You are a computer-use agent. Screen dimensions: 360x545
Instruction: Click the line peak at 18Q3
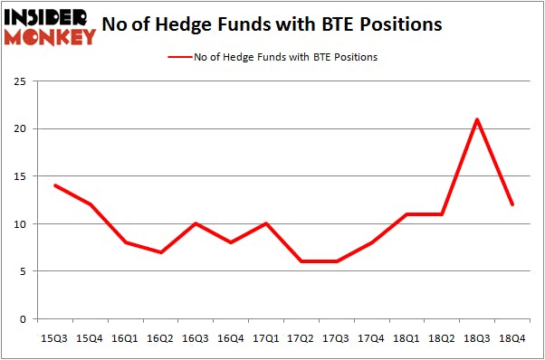(x=476, y=119)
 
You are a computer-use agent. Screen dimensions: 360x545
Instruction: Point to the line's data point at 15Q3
(x=55, y=185)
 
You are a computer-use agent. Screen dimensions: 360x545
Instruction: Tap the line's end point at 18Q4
(x=513, y=204)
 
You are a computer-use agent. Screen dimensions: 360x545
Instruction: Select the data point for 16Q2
(x=161, y=252)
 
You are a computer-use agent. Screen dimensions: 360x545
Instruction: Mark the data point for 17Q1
(x=266, y=223)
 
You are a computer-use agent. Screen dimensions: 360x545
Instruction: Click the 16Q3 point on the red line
(x=196, y=223)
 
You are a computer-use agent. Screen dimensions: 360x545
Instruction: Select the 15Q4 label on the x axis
(x=91, y=337)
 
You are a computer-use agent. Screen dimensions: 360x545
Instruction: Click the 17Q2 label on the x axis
(x=301, y=337)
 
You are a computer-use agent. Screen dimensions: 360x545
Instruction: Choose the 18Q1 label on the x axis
(x=407, y=337)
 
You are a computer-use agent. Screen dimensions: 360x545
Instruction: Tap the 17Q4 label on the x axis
(x=372, y=337)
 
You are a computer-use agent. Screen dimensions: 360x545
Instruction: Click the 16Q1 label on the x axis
(x=126, y=337)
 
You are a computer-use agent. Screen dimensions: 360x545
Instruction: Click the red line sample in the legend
(x=178, y=57)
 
